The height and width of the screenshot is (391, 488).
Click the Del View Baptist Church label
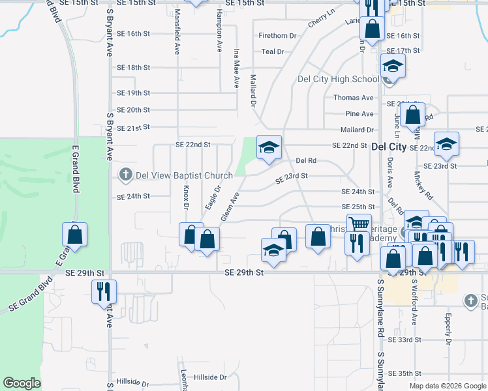(184, 175)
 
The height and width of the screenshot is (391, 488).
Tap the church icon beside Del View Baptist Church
(125, 175)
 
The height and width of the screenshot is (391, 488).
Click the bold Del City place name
(388, 147)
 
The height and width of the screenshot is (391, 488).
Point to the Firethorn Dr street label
(277, 36)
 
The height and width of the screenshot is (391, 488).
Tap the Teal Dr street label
(273, 51)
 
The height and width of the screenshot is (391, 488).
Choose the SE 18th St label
(133, 68)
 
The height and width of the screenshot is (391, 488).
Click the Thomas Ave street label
(354, 98)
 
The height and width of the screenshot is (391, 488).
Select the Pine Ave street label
(359, 114)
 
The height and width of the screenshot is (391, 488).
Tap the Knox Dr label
(186, 197)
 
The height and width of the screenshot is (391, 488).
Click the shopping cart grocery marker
(359, 225)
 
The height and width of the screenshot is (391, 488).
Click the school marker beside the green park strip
(268, 147)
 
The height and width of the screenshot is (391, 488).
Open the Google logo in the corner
(22, 383)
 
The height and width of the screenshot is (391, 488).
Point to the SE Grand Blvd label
(26, 297)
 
